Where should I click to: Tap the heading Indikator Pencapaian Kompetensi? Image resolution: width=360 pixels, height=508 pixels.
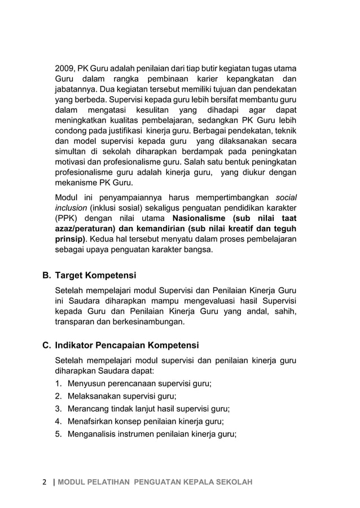click(x=126, y=345)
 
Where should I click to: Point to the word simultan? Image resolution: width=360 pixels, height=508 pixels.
click(x=72, y=152)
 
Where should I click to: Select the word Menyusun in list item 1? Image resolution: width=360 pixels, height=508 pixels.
click(x=86, y=384)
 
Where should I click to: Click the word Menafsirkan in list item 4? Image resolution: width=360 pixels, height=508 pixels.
click(x=90, y=422)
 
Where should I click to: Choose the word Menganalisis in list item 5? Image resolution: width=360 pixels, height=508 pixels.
click(x=93, y=434)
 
